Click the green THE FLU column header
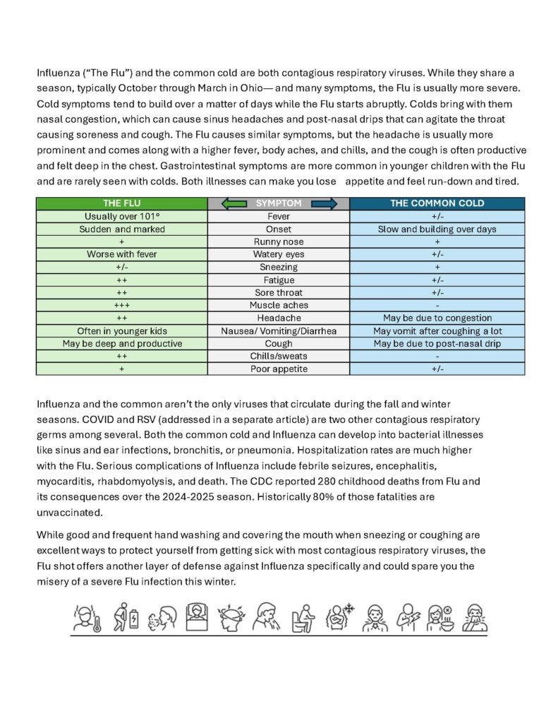pyautogui.click(x=122, y=203)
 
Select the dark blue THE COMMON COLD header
pyautogui.click(x=437, y=203)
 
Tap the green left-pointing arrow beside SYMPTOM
pyautogui.click(x=233, y=203)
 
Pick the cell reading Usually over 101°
pyautogui.click(x=122, y=216)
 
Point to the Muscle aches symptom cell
pyautogui.click(x=279, y=305)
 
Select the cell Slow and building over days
pyautogui.click(x=437, y=229)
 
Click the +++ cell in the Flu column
pyautogui.click(x=122, y=305)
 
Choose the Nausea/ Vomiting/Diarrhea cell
pyautogui.click(x=279, y=330)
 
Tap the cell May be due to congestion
pyautogui.click(x=437, y=318)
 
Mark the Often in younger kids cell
pyautogui.click(x=122, y=330)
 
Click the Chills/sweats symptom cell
pyautogui.click(x=279, y=356)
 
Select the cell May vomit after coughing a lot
pyautogui.click(x=437, y=330)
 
